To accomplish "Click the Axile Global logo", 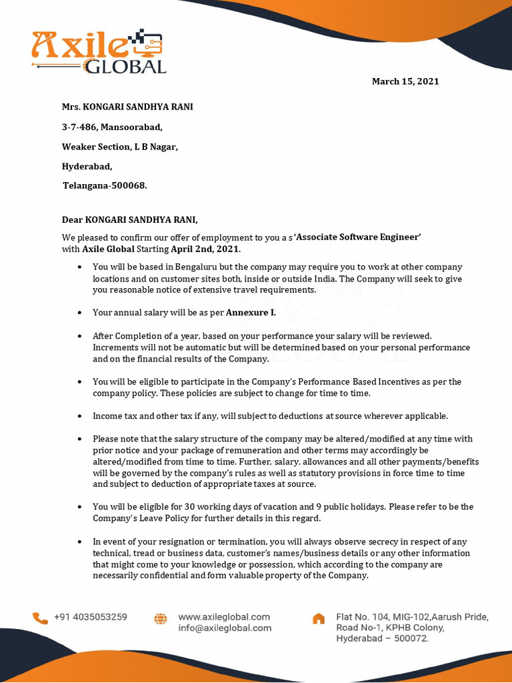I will [x=99, y=51].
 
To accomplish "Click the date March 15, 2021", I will [x=405, y=81].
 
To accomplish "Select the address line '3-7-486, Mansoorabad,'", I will [x=112, y=127].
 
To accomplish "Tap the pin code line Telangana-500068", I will [x=105, y=185].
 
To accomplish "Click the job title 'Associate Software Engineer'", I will [x=357, y=237].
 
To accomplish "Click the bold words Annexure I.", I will [x=251, y=312].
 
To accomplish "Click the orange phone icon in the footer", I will [x=40, y=618].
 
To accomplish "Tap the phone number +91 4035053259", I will [x=91, y=617].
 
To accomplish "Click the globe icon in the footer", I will [x=161, y=618].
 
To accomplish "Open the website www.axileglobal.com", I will [x=224, y=617].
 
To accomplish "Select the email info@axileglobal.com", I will [x=225, y=628].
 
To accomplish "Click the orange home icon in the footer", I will [x=319, y=618].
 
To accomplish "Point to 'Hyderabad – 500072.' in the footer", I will [x=382, y=638].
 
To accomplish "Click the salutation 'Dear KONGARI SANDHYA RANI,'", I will [x=130, y=219].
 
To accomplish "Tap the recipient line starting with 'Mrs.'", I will [x=127, y=107].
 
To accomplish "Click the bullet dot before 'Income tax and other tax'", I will [x=79, y=416].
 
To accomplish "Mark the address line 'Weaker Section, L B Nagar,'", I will [x=120, y=147].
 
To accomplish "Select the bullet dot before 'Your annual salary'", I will [x=79, y=312].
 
